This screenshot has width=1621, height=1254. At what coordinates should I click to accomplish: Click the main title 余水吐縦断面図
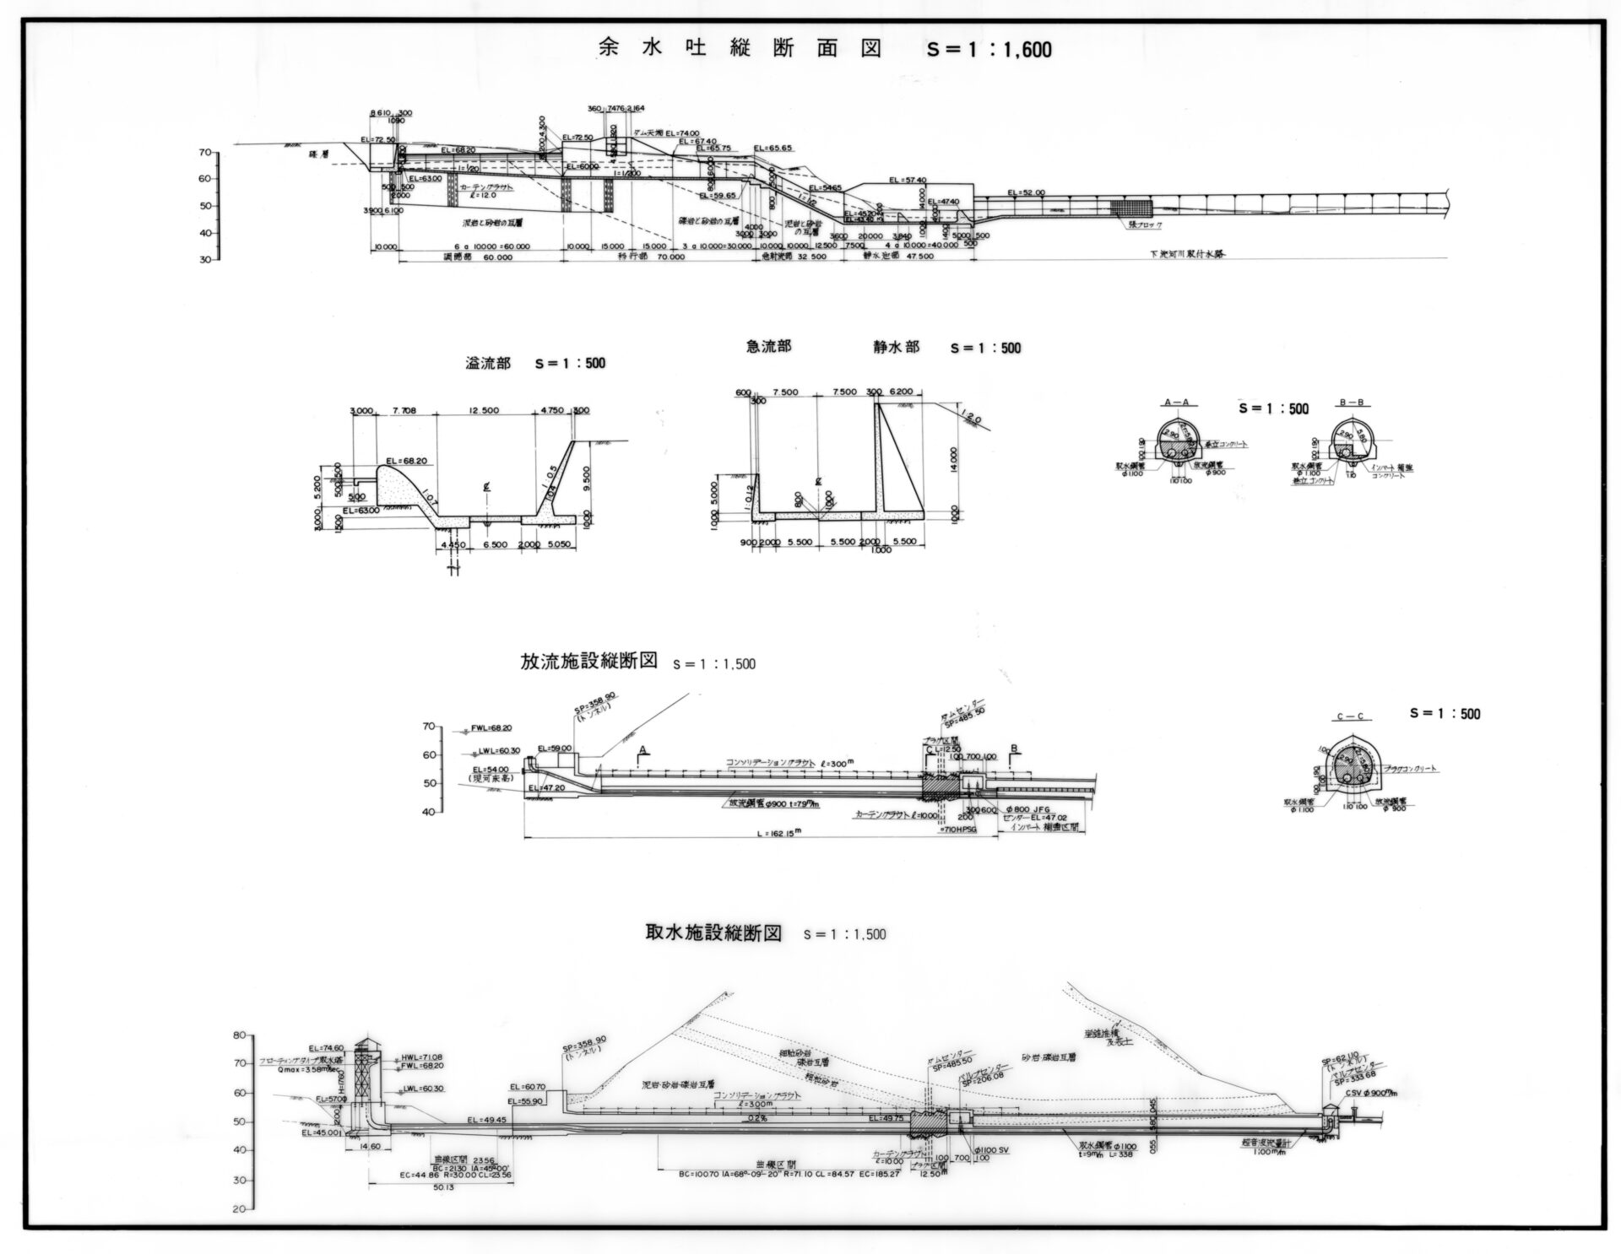click(x=738, y=48)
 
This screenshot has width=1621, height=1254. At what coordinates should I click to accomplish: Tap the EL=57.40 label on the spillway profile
click(x=908, y=180)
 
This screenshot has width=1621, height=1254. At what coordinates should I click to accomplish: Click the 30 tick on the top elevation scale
click(x=206, y=260)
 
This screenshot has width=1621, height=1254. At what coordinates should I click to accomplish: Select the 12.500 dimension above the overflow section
click(x=485, y=411)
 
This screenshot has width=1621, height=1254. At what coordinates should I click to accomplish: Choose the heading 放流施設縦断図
click(x=588, y=661)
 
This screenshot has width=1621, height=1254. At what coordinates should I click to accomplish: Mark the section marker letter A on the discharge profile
click(x=642, y=749)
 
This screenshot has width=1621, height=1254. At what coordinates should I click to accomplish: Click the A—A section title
click(x=1177, y=403)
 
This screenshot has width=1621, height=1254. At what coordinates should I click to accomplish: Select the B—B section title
click(x=1351, y=403)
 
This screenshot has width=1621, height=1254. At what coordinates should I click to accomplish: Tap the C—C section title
click(x=1351, y=717)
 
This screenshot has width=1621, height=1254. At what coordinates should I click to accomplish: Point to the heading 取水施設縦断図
click(x=713, y=933)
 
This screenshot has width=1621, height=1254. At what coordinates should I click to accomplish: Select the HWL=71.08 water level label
click(x=416, y=1057)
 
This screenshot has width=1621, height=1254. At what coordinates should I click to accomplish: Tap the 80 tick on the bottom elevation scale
click(x=240, y=1035)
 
